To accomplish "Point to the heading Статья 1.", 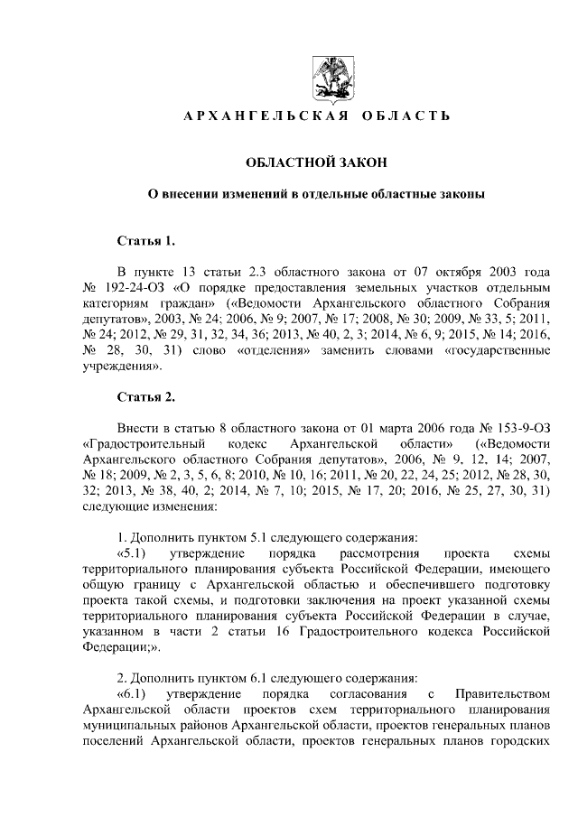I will (144, 240).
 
